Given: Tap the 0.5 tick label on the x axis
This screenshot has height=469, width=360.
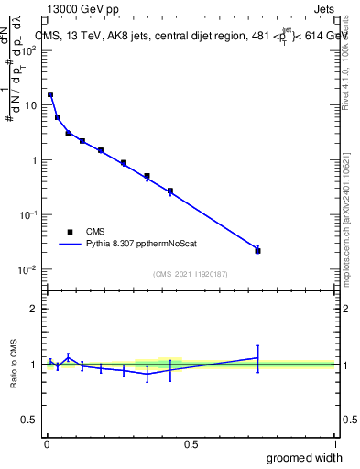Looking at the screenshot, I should coord(191,443).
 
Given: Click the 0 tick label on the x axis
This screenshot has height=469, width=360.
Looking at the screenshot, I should coord(47,443).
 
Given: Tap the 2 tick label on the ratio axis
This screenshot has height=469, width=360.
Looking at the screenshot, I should coord(34,309).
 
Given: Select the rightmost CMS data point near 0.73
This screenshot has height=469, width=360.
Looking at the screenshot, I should coord(257,250).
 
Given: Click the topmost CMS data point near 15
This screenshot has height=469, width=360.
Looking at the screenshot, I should coord(50,94).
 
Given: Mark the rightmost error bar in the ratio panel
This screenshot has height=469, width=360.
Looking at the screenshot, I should coord(257,358).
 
